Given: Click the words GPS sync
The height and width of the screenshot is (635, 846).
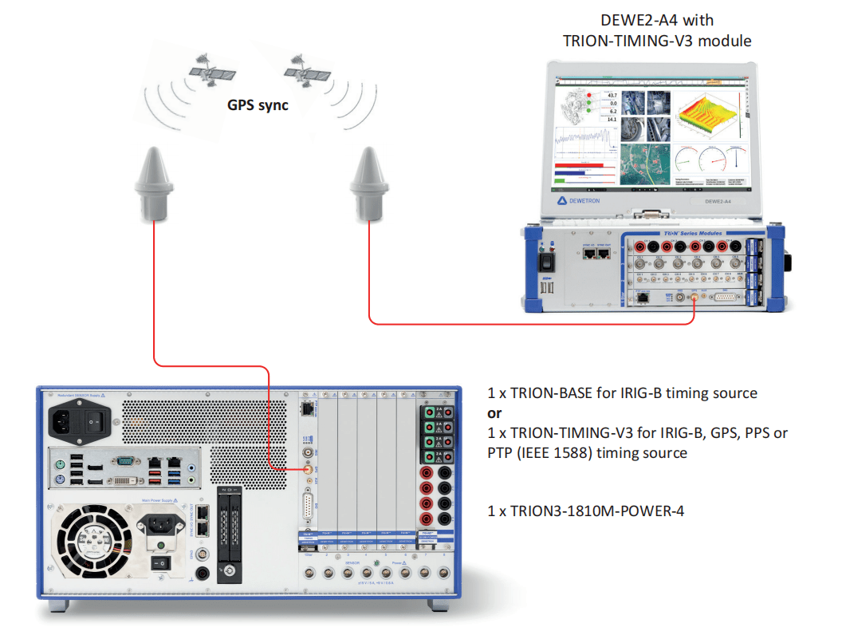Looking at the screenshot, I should (258, 105).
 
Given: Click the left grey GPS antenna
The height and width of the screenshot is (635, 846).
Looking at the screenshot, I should (155, 183).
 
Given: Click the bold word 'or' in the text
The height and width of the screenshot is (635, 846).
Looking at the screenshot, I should (495, 413).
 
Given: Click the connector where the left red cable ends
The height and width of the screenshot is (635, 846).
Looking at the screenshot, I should (307, 471).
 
